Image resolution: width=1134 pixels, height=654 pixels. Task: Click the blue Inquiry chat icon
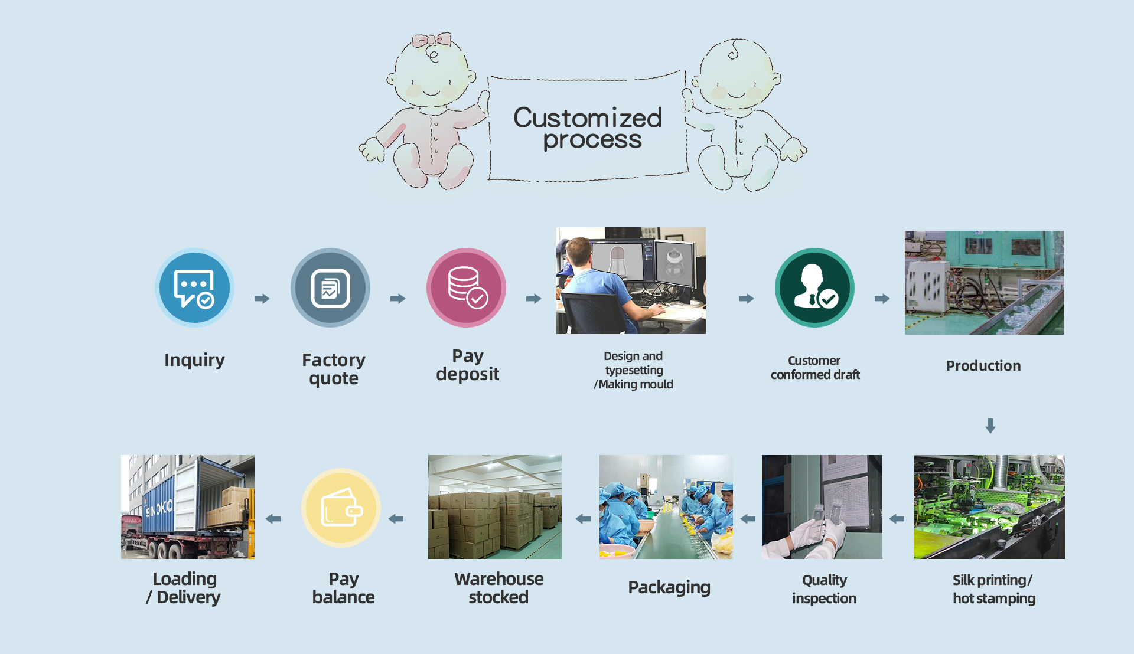(x=194, y=288)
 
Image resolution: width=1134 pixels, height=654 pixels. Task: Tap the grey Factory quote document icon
(x=330, y=288)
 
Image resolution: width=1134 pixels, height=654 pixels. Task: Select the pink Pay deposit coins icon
(x=466, y=288)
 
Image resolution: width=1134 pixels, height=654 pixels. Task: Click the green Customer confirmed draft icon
(x=814, y=288)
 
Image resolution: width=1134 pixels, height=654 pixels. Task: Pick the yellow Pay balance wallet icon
(x=341, y=508)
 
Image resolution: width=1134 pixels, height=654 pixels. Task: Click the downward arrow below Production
(x=990, y=426)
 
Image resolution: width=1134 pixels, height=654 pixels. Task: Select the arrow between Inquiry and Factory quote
(x=262, y=299)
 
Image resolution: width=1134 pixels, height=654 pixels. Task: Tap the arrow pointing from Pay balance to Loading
(x=273, y=519)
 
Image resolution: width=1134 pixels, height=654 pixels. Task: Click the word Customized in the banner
(x=588, y=118)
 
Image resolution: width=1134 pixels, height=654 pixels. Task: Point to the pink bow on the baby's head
(x=432, y=41)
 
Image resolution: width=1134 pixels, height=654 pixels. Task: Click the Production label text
(x=983, y=366)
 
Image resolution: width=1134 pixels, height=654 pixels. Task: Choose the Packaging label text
(x=669, y=588)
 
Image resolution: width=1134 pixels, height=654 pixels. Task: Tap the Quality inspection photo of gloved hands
(x=822, y=507)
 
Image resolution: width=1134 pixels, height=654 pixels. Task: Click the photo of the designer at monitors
(x=631, y=281)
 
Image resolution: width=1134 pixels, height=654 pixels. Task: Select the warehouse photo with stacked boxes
(x=495, y=507)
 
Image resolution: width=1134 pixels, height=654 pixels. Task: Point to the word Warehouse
(x=499, y=579)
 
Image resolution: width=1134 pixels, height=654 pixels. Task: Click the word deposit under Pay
(x=468, y=375)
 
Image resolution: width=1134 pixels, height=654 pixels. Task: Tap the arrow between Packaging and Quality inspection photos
(x=748, y=519)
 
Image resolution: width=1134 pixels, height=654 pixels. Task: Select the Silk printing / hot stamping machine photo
(x=989, y=507)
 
